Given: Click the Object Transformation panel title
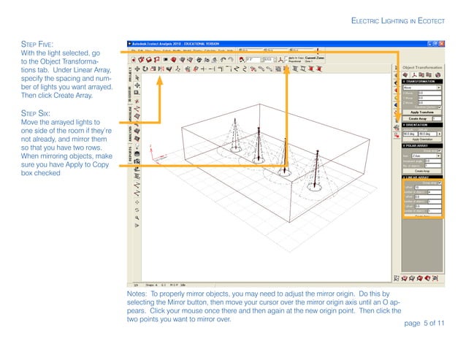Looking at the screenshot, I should click(x=423, y=67).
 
